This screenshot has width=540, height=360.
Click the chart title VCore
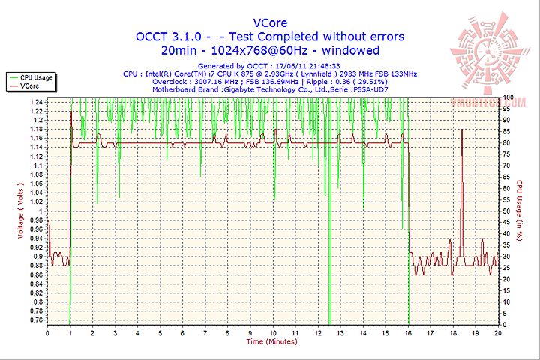269,22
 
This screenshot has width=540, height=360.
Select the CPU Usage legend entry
36,76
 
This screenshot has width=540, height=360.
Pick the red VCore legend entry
30,86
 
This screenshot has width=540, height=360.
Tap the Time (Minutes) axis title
271,341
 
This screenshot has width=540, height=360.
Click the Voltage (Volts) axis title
20,211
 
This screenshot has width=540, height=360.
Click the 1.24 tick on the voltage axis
36,101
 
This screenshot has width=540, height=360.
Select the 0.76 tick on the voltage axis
36,320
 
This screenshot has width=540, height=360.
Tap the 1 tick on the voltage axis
40,211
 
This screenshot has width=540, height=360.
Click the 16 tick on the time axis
408,331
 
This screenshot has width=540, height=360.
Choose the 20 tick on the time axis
498,331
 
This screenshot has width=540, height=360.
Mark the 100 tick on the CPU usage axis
508,97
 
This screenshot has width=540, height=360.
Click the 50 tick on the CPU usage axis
506,211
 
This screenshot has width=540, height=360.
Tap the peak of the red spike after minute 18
462,130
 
